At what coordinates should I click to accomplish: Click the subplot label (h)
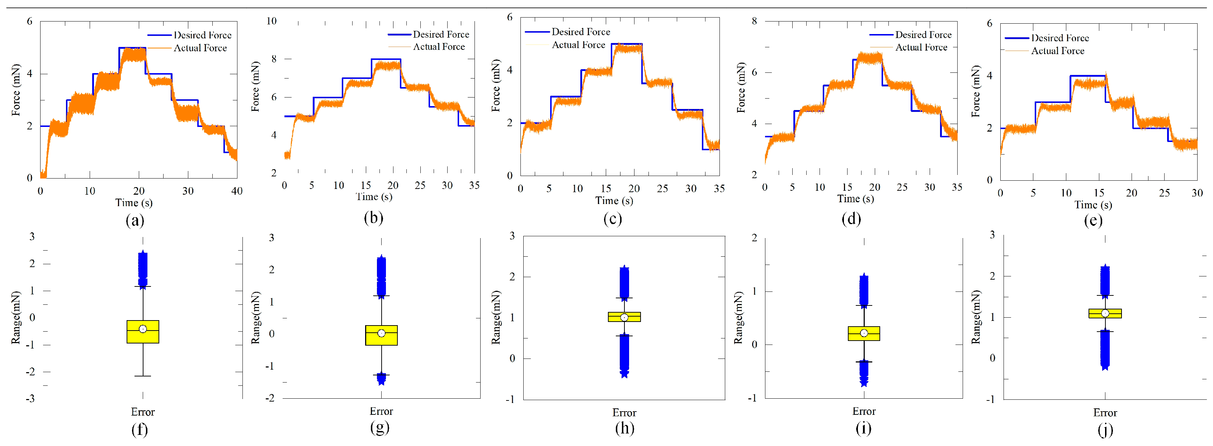click(x=624, y=428)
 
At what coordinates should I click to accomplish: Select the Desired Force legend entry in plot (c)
click(x=580, y=32)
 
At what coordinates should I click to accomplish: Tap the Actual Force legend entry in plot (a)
click(x=200, y=48)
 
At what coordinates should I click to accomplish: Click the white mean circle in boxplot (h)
click(x=624, y=318)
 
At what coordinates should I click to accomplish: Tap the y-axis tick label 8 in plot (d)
click(x=754, y=21)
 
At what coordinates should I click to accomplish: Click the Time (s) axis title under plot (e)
click(x=1093, y=205)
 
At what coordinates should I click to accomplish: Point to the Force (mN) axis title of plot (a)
click(x=16, y=90)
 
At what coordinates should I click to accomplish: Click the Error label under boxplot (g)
click(x=381, y=412)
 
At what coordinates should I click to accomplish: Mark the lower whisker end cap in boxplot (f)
click(x=143, y=376)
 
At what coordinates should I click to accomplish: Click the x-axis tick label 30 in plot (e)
click(x=1197, y=193)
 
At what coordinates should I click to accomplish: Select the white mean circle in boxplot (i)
click(x=864, y=333)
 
